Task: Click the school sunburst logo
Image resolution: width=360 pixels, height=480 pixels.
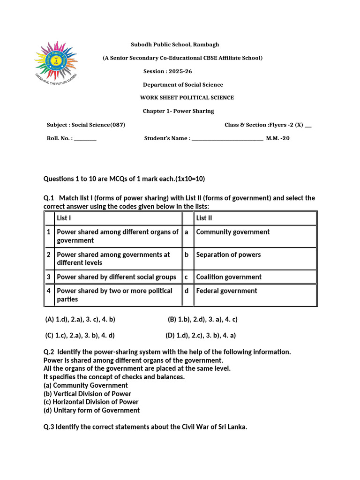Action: (56, 63)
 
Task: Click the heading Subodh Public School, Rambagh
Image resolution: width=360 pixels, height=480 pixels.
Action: (174, 45)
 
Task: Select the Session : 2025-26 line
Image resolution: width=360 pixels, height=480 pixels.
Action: (167, 71)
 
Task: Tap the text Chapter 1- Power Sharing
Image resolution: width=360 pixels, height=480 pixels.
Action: (178, 111)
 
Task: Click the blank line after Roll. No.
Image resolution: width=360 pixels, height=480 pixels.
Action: (85, 139)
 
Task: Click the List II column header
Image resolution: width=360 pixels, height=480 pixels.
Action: (204, 218)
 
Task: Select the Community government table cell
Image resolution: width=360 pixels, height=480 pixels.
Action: (232, 232)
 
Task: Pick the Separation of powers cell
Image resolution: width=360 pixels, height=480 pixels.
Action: (228, 255)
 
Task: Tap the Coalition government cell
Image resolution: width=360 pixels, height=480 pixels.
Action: (229, 277)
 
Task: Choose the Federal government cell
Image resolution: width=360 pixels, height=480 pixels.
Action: (226, 291)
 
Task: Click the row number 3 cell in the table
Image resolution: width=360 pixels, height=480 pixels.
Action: (49, 277)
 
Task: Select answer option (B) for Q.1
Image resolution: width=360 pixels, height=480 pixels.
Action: (202, 319)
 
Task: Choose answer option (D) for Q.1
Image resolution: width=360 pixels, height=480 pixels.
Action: (201, 335)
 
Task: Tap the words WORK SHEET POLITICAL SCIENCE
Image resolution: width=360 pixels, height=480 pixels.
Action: (187, 98)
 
